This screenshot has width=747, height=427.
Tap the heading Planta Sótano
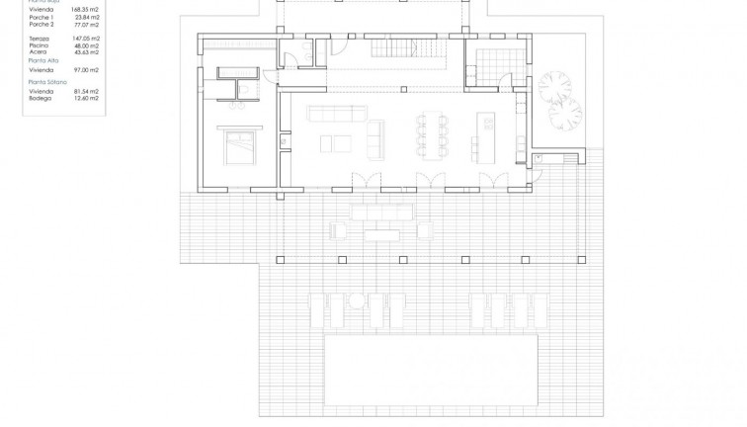[x=47, y=82]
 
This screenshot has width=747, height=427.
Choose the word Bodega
[x=41, y=97]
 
